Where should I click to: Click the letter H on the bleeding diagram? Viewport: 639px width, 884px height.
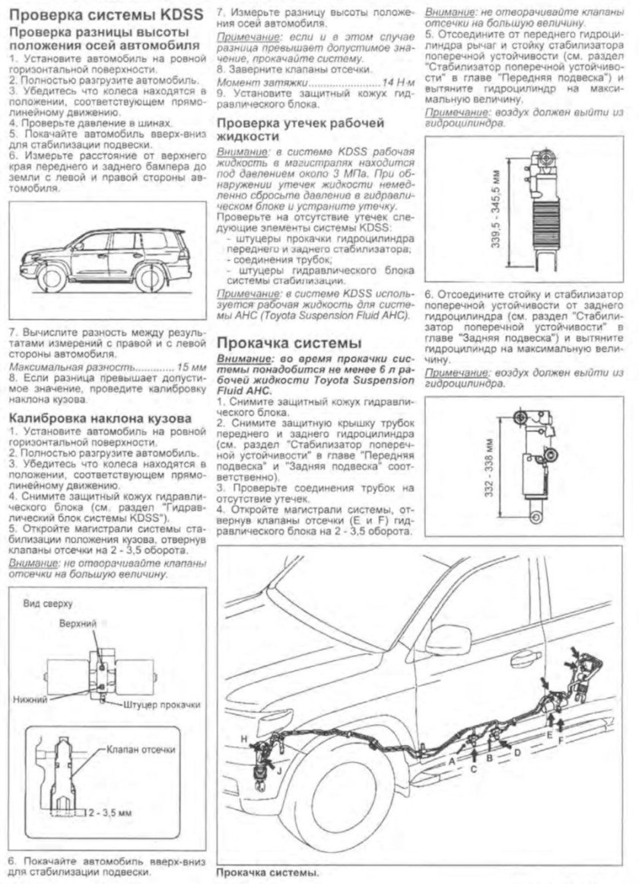(x=243, y=739)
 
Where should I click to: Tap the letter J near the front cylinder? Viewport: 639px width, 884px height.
(x=279, y=771)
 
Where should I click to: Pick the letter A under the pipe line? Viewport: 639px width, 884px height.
(x=452, y=760)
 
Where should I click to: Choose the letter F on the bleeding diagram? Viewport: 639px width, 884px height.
(x=561, y=739)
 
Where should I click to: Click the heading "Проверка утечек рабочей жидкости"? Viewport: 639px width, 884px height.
(x=300, y=129)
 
